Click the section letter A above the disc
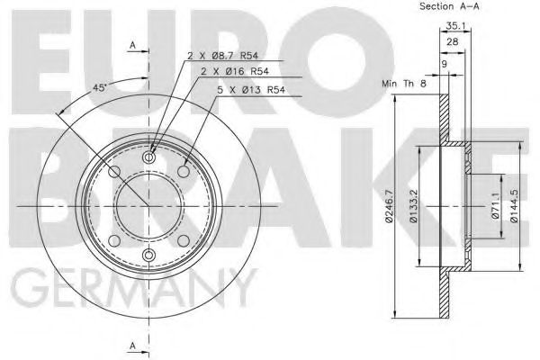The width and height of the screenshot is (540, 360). pos(132,45)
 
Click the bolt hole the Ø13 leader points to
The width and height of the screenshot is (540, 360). pos(184,172)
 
